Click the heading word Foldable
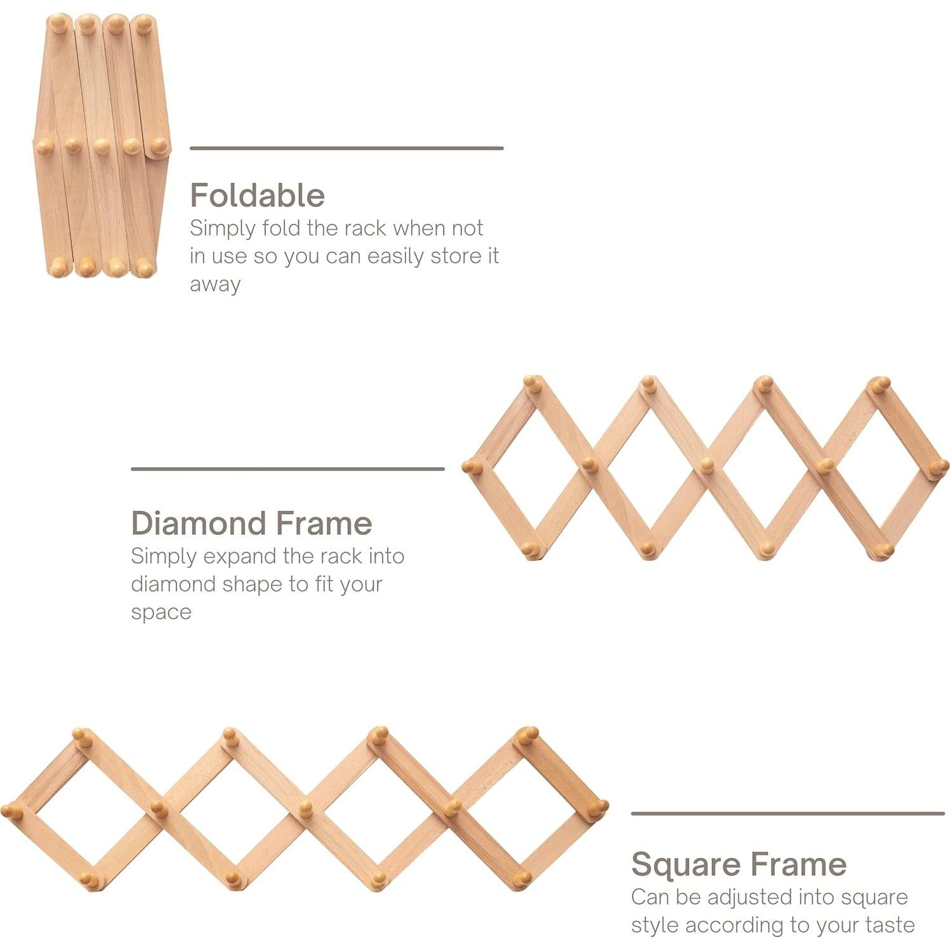[x=257, y=195]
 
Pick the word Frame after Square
[x=798, y=864]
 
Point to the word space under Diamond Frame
[x=161, y=612]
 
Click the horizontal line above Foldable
[x=346, y=148]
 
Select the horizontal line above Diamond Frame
[x=287, y=469]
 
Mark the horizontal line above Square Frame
[x=788, y=813]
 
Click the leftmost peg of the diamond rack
[x=471, y=467]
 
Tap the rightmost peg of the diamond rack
[x=939, y=467]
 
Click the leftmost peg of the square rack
[x=10, y=810]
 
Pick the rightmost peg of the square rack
[x=598, y=808]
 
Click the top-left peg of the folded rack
[x=58, y=24]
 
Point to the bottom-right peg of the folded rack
[x=145, y=268]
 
